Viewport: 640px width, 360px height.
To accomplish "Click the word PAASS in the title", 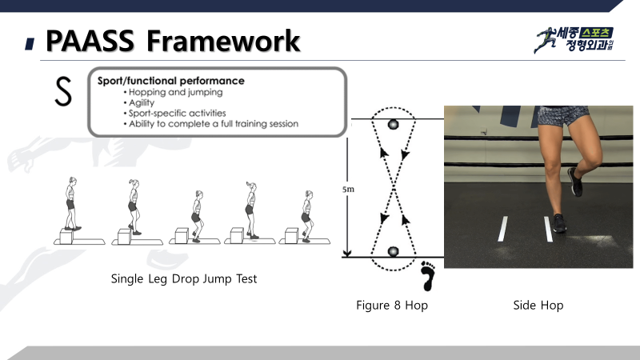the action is point(90,41).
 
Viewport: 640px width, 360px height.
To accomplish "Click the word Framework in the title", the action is point(223,41).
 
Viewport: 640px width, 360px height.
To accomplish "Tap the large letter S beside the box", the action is point(63,91).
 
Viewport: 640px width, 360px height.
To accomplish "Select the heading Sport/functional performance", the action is point(170,81).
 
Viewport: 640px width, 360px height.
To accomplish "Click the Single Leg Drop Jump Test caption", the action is point(184,278).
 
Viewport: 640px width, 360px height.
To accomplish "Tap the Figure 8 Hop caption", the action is point(392,306).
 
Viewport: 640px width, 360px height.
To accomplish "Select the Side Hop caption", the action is point(538,306).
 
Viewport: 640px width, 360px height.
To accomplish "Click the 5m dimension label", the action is point(348,190).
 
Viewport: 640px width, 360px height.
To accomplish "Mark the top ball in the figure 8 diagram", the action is point(393,124).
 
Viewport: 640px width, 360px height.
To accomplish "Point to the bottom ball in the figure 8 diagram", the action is point(393,251).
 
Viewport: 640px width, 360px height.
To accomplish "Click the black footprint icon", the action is point(428,276).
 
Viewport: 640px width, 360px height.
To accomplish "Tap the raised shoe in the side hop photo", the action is point(575,182).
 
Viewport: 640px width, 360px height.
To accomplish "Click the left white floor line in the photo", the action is point(503,229).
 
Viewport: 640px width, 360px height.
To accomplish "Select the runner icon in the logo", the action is point(546,40).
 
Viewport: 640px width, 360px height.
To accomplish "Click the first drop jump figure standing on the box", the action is point(71,203).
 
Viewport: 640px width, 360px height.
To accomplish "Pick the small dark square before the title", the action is point(30,44).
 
